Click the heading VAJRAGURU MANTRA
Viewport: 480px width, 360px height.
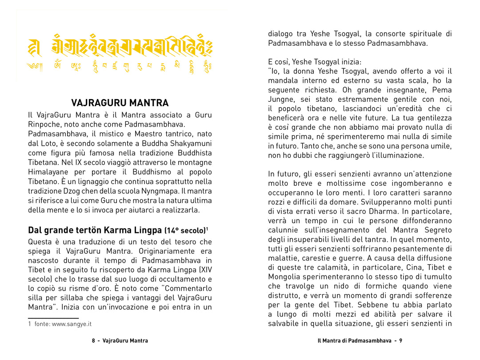click(120, 103)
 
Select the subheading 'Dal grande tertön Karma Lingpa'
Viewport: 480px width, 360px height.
click(95, 230)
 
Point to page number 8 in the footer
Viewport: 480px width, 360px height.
click(94, 340)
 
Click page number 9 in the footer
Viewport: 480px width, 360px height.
click(400, 340)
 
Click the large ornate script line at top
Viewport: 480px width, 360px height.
click(120, 46)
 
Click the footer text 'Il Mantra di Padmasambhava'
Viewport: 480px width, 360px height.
click(355, 340)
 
